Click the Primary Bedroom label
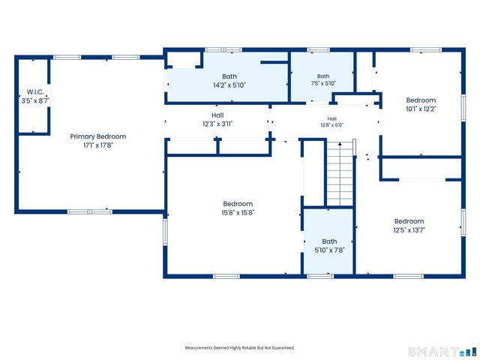98,136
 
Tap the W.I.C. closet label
35,91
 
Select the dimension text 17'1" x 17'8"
98,145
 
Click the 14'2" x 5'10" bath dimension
229,85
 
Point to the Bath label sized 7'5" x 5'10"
323,76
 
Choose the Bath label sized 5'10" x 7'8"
329,241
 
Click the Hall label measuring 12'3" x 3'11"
217,115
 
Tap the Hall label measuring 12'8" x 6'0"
331,118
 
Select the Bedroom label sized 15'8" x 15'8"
238,204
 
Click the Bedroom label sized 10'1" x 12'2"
421,100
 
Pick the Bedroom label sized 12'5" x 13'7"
409,221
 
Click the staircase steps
340,175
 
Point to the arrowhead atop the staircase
340,143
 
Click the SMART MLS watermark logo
442,352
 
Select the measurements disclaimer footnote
240,348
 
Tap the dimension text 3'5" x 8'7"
35,100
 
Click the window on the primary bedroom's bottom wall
90,211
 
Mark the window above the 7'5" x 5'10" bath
318,50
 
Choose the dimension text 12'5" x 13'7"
409,230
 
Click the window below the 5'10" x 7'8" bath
320,277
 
